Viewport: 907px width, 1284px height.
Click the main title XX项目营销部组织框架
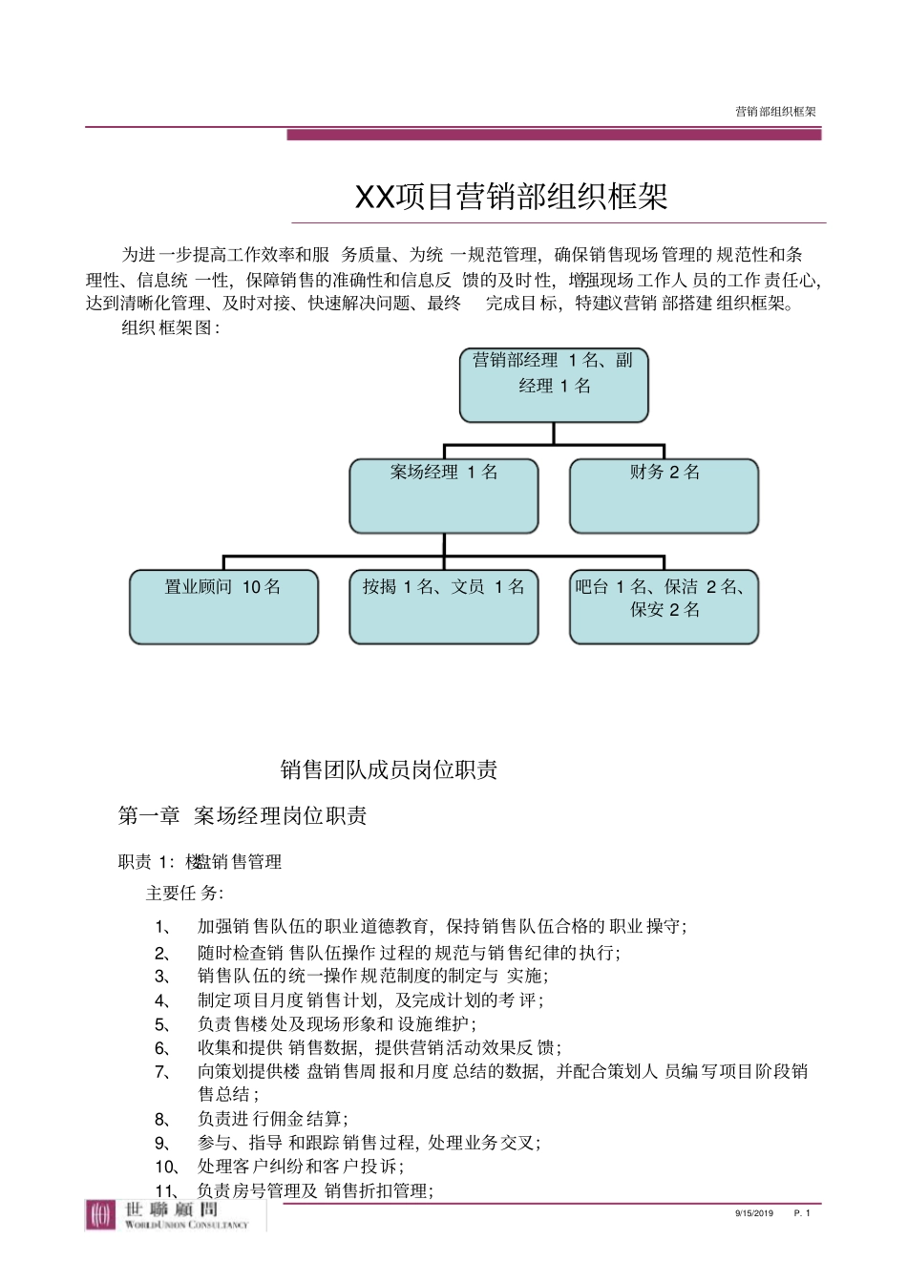(511, 197)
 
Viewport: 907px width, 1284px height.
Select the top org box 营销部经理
(554, 385)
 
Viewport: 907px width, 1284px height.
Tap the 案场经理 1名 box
(444, 495)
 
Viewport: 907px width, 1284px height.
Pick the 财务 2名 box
(664, 495)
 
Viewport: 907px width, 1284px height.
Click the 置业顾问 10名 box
(223, 606)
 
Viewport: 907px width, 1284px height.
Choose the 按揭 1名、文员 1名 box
(444, 606)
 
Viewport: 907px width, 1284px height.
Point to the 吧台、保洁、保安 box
(664, 606)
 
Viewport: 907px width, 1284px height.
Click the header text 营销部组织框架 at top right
(775, 112)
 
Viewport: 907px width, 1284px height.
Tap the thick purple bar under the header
(554, 135)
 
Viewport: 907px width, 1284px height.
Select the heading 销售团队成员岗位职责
(389, 769)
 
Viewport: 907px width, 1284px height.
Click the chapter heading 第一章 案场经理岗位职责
(243, 815)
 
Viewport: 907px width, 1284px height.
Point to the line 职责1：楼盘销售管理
(200, 862)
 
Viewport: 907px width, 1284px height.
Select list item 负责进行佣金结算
(272, 1119)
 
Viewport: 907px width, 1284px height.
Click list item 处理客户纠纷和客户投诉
(300, 1167)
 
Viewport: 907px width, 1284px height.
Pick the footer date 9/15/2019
(754, 1213)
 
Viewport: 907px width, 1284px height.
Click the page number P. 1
(802, 1213)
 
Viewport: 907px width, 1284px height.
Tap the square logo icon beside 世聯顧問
(100, 1215)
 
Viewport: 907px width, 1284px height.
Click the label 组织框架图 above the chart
(171, 328)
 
